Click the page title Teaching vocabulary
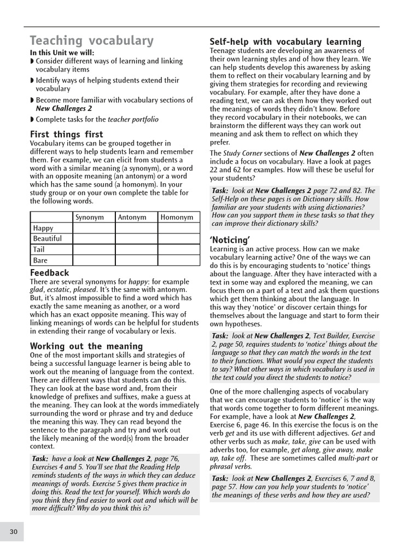(91, 41)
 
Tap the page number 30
(14, 531)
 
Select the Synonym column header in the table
(89, 217)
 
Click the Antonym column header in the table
(132, 217)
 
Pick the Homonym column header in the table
(177, 217)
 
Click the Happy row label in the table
(43, 228)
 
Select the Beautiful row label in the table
(48, 238)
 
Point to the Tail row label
(39, 249)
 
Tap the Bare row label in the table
(40, 260)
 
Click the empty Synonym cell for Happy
(94, 228)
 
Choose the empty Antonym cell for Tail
(136, 249)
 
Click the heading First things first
(66, 135)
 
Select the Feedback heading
(50, 272)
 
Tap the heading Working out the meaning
(86, 346)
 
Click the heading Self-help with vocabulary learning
(285, 42)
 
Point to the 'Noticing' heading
(230, 240)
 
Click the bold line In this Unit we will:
(62, 53)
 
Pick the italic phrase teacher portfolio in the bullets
(133, 119)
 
